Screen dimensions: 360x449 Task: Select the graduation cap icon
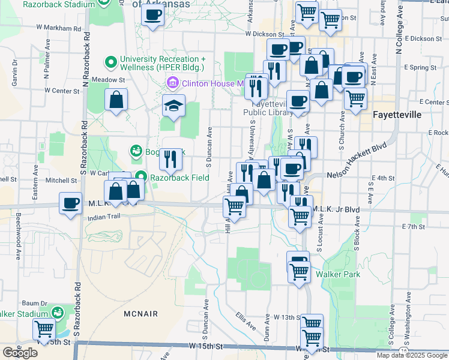point(173,106)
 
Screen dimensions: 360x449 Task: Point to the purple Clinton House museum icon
point(173,83)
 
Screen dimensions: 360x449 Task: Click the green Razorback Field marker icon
point(141,176)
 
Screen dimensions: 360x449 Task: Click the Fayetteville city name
point(397,114)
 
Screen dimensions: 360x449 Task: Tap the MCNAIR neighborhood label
point(141,314)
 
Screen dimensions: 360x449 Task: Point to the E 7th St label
point(413,227)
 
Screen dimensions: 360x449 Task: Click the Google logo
point(20,353)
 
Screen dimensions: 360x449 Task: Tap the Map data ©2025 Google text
point(412,355)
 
